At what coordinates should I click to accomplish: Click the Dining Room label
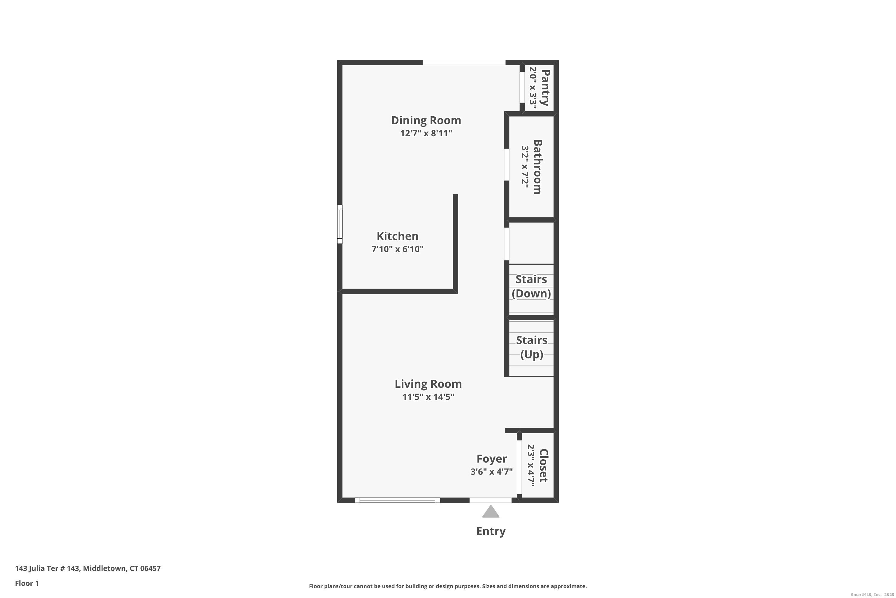coord(426,120)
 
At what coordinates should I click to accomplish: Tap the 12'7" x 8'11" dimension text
coord(426,133)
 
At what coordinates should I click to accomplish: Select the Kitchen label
coord(397,236)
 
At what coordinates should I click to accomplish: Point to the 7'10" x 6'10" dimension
coord(397,249)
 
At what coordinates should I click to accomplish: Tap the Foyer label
coord(491,459)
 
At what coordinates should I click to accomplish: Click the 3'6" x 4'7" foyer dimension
coord(491,472)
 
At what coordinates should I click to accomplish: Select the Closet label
coord(544,465)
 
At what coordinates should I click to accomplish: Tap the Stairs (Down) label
coord(531,286)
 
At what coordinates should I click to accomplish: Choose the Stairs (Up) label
coord(532,347)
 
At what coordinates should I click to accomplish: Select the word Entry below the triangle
coord(491,531)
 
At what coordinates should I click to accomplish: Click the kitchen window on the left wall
coord(340,224)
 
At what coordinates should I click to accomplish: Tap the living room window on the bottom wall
coord(397,500)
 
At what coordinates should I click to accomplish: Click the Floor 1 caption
coord(27,583)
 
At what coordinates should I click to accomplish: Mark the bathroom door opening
coord(507,165)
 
